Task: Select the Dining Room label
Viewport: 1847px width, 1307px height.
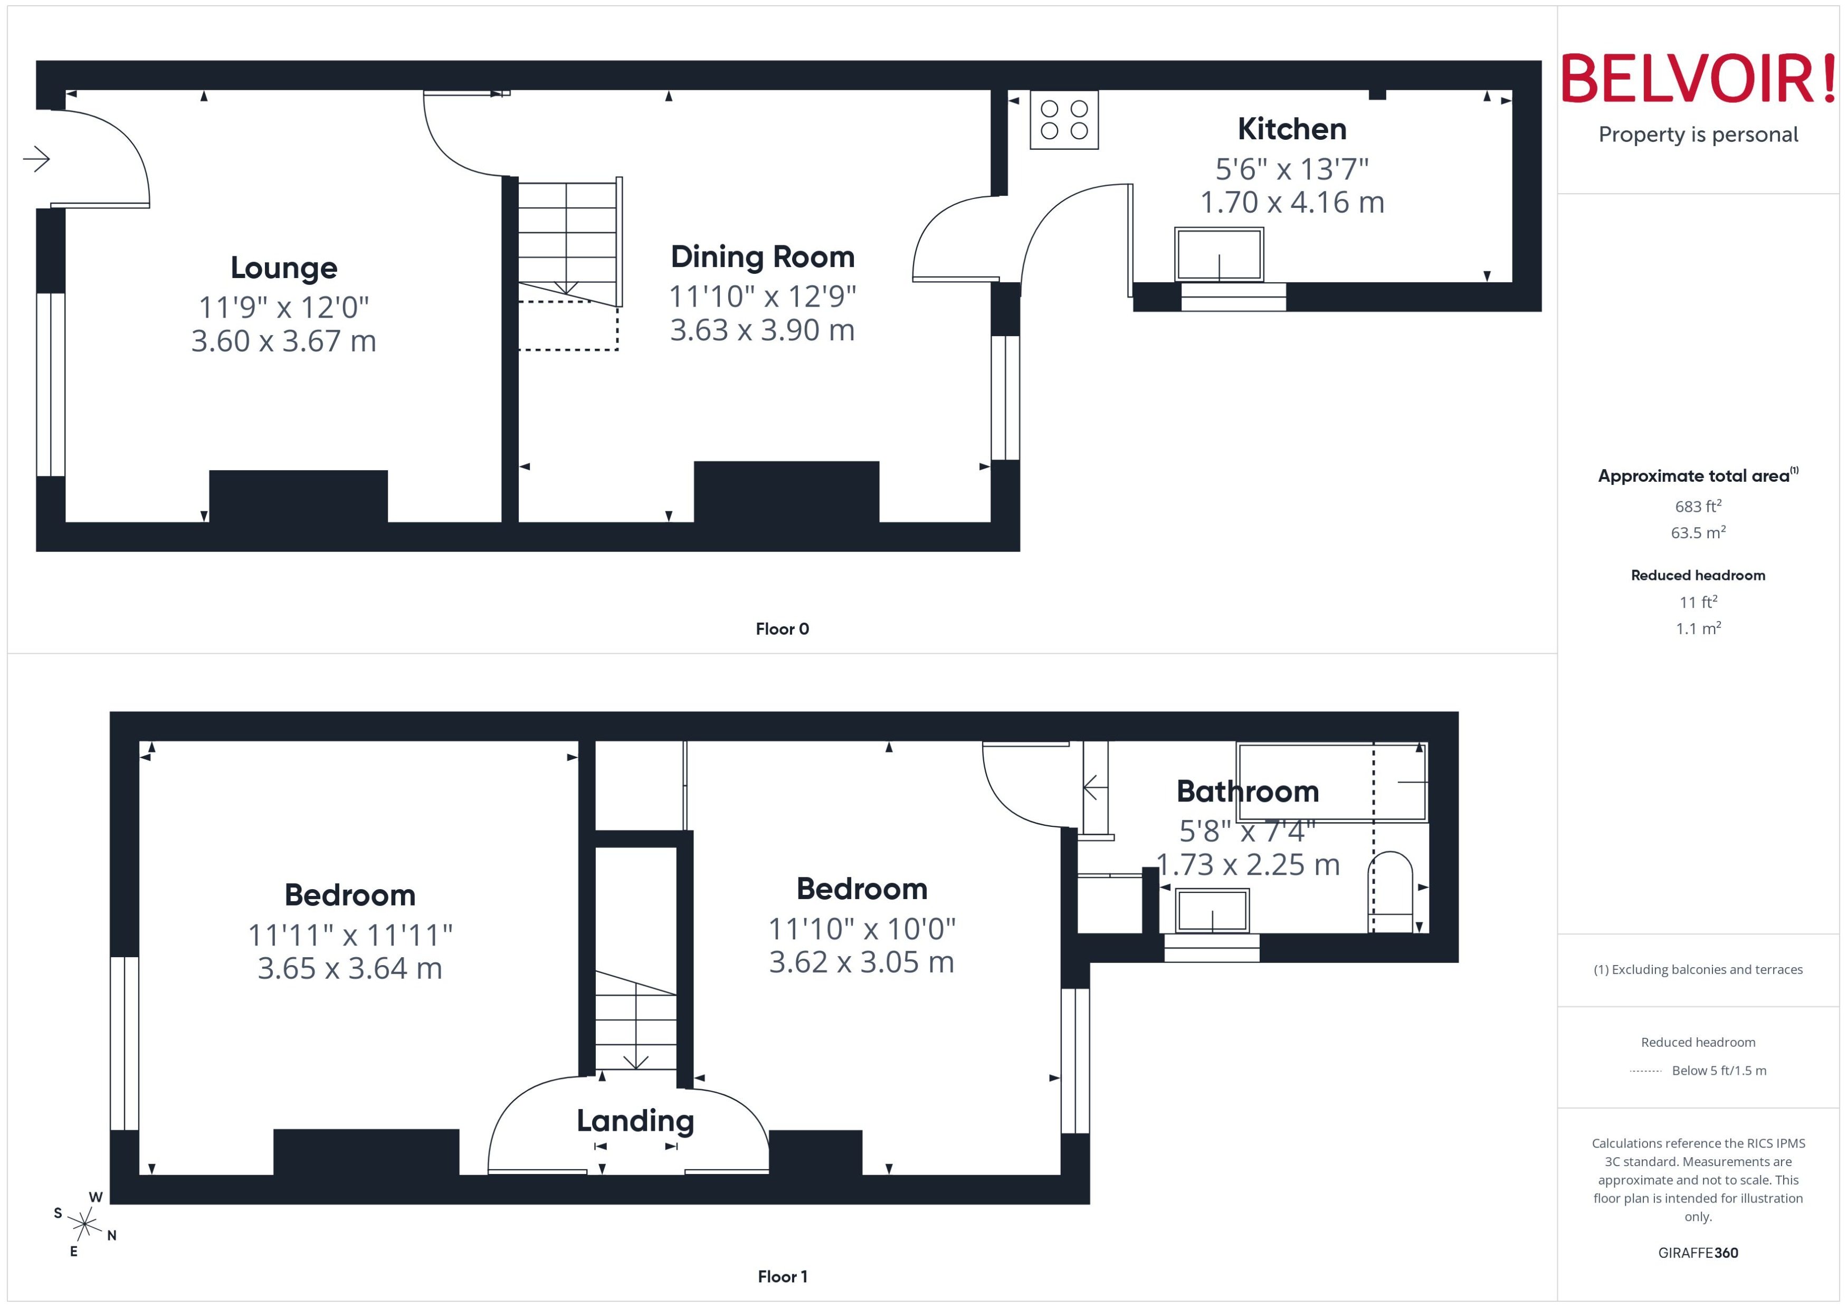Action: pyautogui.click(x=762, y=257)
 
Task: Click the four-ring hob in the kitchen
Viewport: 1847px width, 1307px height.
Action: pyautogui.click(x=1064, y=120)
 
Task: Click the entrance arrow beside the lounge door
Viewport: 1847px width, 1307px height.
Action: pyautogui.click(x=36, y=158)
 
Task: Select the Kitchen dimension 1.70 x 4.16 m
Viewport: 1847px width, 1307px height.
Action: pyautogui.click(x=1292, y=203)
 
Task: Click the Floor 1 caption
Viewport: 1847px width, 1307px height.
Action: pyautogui.click(x=782, y=1276)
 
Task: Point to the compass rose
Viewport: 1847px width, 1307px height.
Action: pyautogui.click(x=84, y=1225)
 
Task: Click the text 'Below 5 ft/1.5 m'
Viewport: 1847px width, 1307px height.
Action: pyautogui.click(x=1719, y=1071)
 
